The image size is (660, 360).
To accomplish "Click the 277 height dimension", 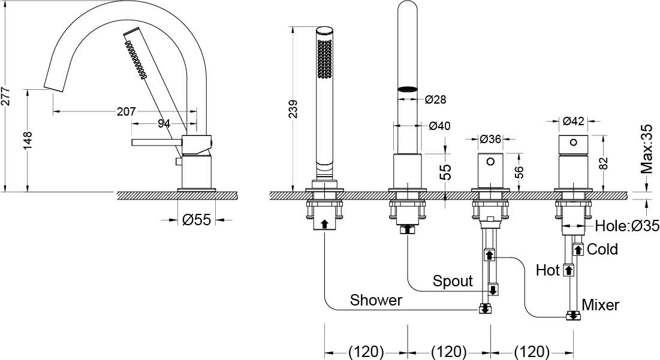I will [6, 95].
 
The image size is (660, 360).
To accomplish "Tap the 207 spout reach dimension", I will [126, 111].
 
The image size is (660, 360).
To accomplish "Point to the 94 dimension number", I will [164, 123].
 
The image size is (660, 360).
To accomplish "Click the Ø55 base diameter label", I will [197, 220].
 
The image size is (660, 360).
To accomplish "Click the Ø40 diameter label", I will [440, 126].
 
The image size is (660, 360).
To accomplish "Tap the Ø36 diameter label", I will [490, 139].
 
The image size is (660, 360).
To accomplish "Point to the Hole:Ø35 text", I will [626, 226].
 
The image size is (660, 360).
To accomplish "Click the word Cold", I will [602, 249].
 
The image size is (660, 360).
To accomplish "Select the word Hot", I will [547, 270].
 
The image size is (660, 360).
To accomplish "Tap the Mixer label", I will [600, 304].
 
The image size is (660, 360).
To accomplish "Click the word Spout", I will [453, 281].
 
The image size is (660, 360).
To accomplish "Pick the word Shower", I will [376, 300].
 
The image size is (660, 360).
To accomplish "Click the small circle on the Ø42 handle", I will [573, 143].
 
